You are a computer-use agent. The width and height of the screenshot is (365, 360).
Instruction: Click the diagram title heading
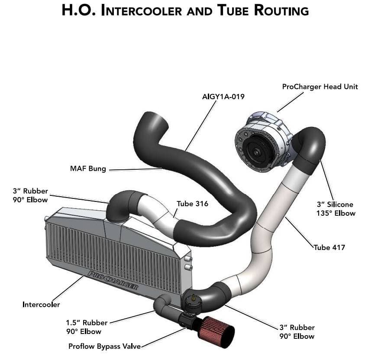(x=185, y=10)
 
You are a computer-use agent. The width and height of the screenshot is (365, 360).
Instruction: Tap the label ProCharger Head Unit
(x=320, y=87)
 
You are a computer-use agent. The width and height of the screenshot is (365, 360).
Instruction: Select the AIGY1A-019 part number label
(x=223, y=97)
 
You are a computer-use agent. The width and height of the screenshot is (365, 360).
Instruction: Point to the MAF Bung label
(x=88, y=169)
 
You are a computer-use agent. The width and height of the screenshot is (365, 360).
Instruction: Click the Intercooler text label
(x=41, y=305)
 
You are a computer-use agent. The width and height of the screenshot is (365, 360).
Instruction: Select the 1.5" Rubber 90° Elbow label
(x=84, y=327)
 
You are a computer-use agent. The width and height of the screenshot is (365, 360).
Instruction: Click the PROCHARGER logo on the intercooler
(x=113, y=280)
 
